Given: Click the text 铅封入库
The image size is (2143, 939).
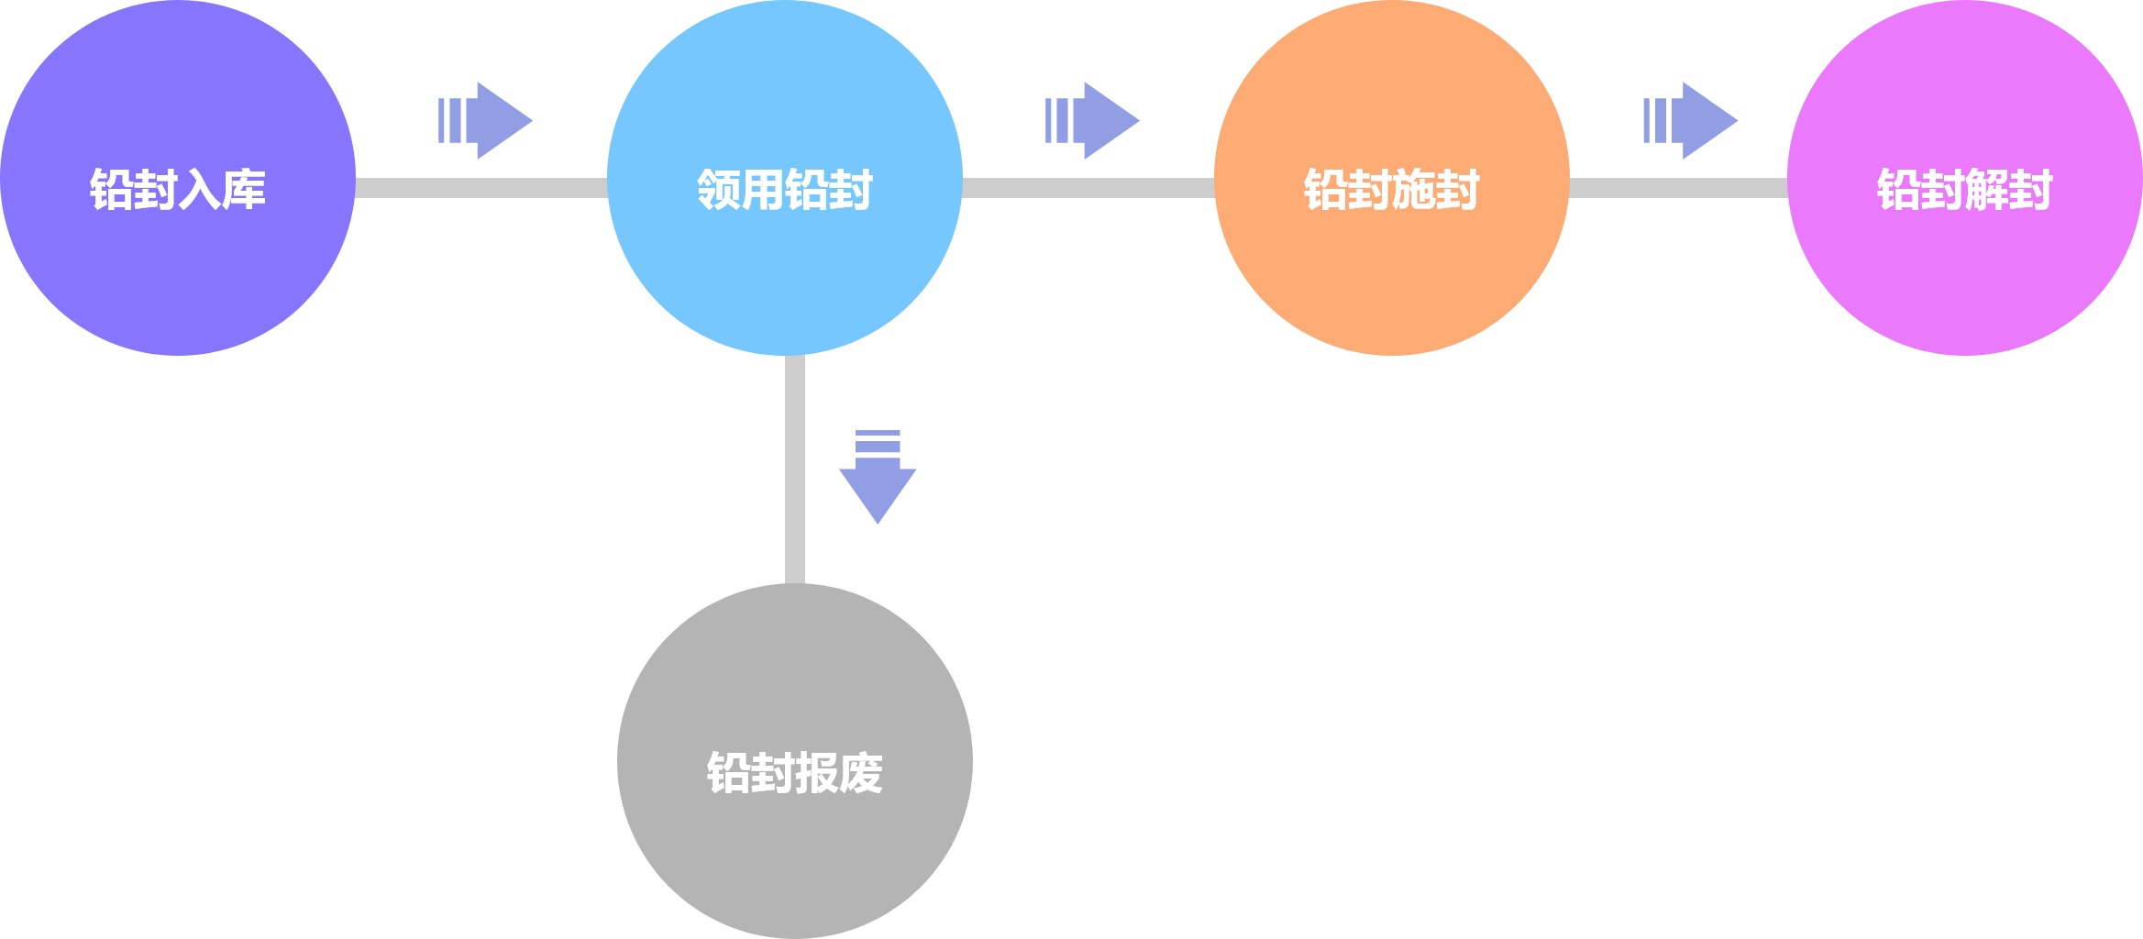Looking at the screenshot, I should coord(177,190).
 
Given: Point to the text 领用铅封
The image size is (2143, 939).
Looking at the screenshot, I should coord(784,190).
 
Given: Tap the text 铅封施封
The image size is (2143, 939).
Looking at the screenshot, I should coord(1391,190).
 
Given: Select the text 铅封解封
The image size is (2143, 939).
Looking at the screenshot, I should coord(1964,190).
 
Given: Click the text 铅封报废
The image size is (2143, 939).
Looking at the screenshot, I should coord(794,773).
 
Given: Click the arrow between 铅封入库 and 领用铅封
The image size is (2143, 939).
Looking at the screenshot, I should coord(486,120).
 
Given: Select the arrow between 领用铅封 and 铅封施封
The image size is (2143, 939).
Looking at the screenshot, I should coord(1093,120).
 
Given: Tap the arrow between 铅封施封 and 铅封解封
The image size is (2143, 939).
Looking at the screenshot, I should coord(1691,120).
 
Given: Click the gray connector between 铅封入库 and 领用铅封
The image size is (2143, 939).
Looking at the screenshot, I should coord(481,188).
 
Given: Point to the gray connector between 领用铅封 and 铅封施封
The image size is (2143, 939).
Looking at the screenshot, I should coord(1088,188).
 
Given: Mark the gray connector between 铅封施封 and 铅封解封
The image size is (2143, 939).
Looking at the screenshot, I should coord(1678,188).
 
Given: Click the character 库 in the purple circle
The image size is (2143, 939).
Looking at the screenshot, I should coord(244,190).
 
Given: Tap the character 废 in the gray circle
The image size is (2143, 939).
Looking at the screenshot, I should coord(861,773).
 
